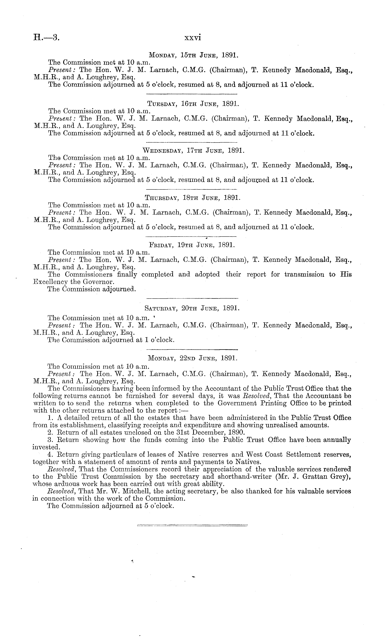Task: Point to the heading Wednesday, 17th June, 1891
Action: [x=193, y=151]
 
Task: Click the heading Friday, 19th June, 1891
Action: [x=192, y=245]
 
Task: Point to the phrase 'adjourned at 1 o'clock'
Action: [x=138, y=340]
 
